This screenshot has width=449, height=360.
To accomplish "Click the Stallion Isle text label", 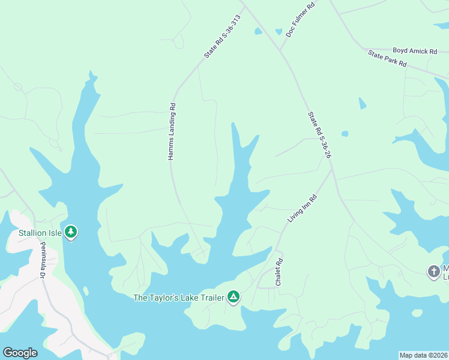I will click(x=40, y=233).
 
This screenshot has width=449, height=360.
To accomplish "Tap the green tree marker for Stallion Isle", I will click(x=71, y=232).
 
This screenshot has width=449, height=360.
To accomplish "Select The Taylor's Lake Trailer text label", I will click(x=178, y=297).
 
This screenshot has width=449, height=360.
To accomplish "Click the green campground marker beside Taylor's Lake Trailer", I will click(x=233, y=296).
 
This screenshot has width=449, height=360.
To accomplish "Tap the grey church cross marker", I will click(x=433, y=272).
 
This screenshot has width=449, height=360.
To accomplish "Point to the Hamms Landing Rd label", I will click(x=171, y=131).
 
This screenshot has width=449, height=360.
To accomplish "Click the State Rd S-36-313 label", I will click(x=221, y=36).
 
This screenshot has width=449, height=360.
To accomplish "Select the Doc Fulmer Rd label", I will click(x=300, y=20).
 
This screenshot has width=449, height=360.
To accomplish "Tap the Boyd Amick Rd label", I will click(x=415, y=51).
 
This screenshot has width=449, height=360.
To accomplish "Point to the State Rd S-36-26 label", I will click(x=320, y=134).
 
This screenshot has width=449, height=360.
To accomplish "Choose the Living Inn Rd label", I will click(x=302, y=208).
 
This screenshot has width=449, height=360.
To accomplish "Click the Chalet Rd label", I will click(x=279, y=272).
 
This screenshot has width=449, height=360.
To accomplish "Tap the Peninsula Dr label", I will click(x=43, y=259).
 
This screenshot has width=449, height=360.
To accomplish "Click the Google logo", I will click(x=20, y=353).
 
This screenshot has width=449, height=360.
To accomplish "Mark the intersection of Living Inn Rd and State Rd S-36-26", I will click(x=332, y=169).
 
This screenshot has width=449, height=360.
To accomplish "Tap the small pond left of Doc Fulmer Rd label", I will click(x=279, y=31).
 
